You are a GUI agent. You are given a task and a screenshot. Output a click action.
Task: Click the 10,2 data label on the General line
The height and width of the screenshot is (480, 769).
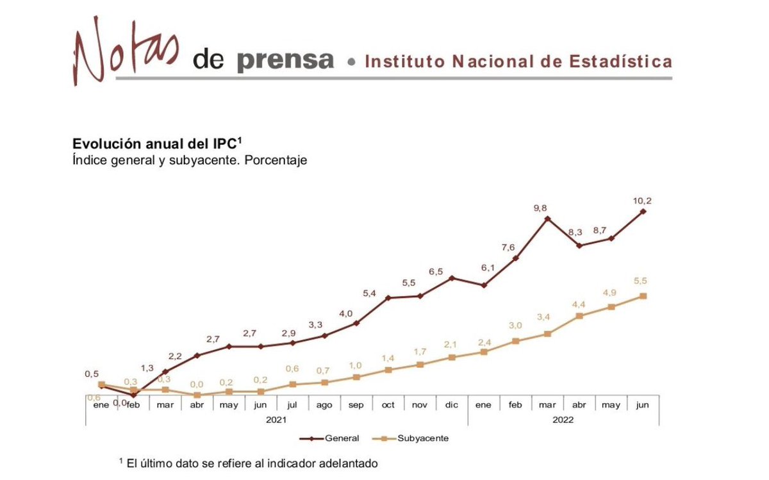[643, 201]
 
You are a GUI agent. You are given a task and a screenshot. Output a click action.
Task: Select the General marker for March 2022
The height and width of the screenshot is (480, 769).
[547, 219]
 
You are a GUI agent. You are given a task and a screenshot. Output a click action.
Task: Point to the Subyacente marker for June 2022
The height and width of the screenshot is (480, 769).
[643, 296]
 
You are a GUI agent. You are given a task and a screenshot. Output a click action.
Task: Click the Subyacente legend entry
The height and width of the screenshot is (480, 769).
[415, 438]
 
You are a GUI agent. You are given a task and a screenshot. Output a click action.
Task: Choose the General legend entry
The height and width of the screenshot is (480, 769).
[333, 438]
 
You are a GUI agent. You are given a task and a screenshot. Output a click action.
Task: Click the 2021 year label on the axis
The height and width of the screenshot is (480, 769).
[276, 420]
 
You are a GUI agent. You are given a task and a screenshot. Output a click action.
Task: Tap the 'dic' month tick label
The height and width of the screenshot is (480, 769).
[451, 405]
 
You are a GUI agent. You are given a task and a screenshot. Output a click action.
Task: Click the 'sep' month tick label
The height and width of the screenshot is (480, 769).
[356, 405]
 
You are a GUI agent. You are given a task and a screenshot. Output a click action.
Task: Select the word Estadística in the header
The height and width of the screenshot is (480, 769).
[620, 62]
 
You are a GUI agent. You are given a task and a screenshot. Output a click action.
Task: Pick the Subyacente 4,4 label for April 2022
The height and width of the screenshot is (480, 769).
[579, 304]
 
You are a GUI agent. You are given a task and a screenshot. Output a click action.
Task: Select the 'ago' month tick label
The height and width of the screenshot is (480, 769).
[324, 405]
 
